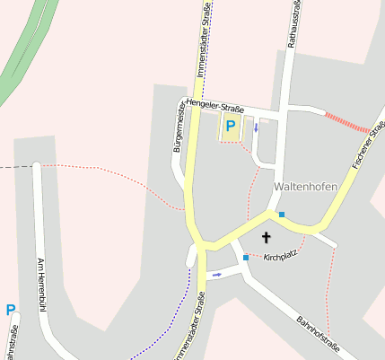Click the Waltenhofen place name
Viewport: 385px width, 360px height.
pos(305,187)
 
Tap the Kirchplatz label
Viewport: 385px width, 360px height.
pos(281,257)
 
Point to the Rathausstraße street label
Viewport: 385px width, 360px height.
pos(292,23)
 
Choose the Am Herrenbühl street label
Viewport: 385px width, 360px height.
pos(40,285)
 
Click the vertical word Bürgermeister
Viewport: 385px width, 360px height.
pos(179,129)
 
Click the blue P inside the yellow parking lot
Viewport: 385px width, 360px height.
pos(230,127)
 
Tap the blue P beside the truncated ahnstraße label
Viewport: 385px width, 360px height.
pos(10,311)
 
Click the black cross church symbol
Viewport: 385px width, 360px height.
pos(266,237)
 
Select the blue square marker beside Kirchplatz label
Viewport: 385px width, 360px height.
pos(245,258)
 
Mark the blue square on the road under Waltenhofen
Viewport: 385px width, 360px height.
pos(282,215)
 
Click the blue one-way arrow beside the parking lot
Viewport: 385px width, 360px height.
pos(256,127)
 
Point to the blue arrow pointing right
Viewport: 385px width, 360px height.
pos(215,275)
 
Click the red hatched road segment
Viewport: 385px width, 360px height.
pos(346,122)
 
